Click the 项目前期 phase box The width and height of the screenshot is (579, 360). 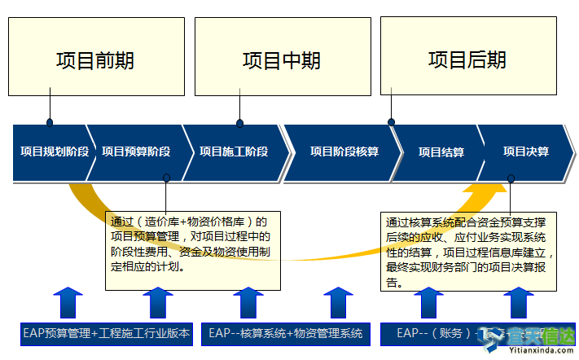click(95, 59)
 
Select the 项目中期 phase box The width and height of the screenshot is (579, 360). click(281, 59)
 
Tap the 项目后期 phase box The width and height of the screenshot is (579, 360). click(467, 59)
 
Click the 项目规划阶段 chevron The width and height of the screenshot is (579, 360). click(53, 151)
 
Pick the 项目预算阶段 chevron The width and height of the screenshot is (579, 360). click(136, 151)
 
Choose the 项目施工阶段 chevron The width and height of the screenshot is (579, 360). click(234, 151)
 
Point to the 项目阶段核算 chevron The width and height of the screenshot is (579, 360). click(344, 151)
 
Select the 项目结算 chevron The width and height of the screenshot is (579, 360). click(441, 151)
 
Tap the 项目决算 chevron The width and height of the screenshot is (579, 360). click(525, 151)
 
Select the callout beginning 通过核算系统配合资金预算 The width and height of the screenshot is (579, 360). click(470, 251)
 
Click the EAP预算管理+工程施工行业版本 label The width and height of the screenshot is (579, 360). click(106, 333)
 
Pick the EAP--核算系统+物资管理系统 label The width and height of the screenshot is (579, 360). click(285, 333)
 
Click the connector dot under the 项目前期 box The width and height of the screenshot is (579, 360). click(50, 122)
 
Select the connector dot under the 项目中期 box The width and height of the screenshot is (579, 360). click(239, 124)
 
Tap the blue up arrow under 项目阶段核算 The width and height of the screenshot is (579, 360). click(337, 302)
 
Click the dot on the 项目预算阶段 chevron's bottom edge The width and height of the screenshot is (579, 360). click(166, 178)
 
